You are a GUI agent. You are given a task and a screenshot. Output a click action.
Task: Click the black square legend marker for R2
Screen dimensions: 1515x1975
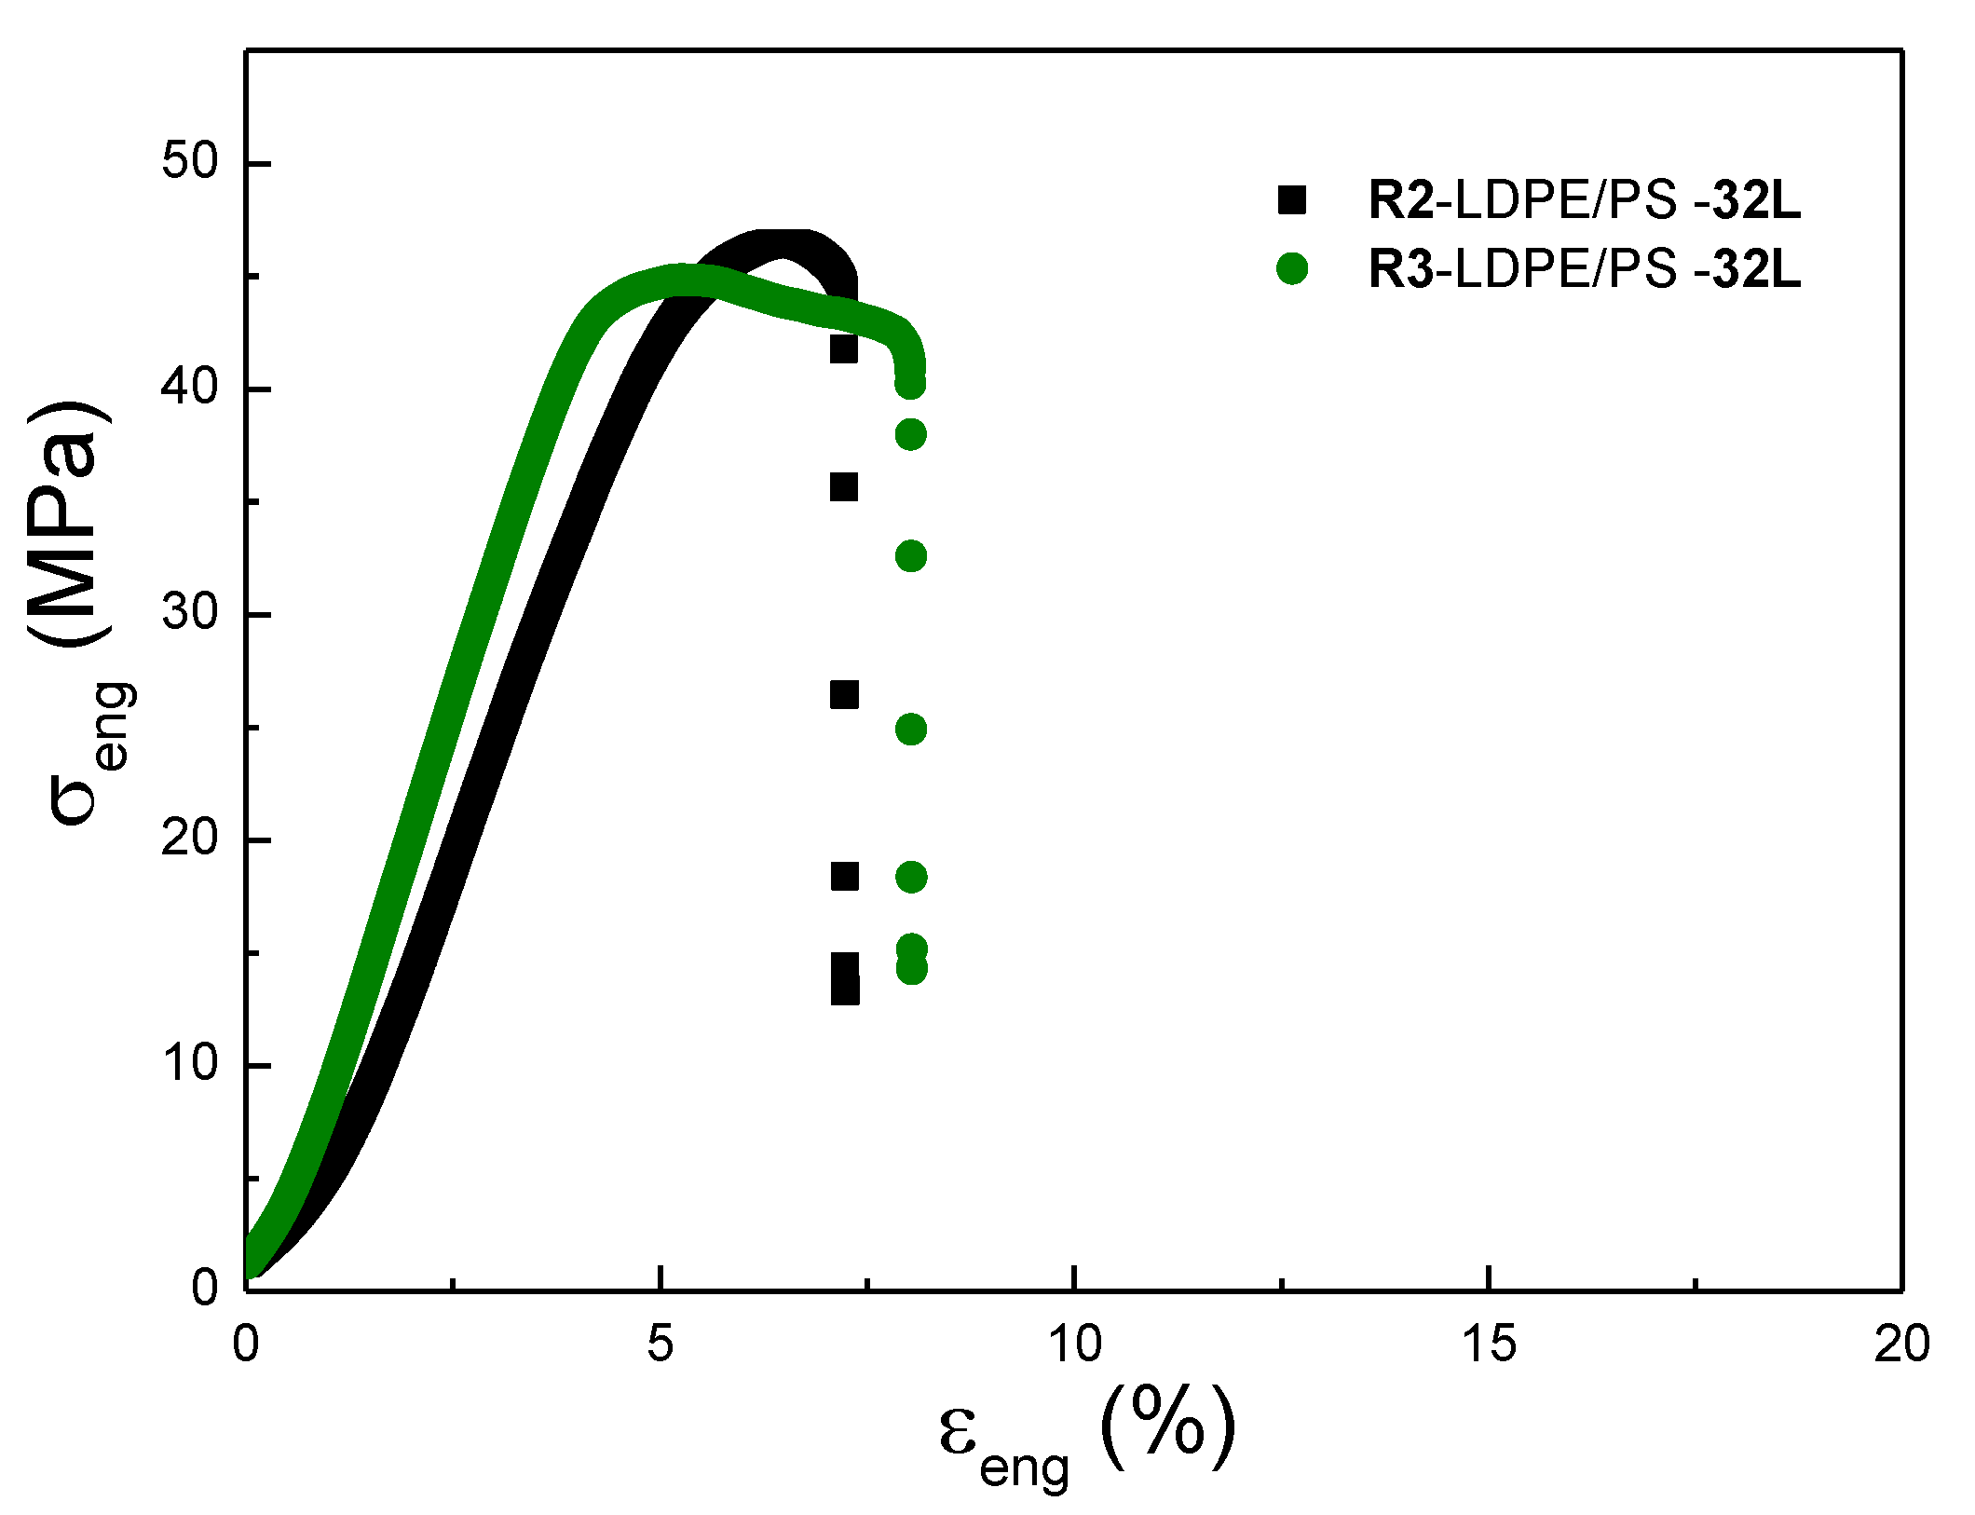tap(1291, 200)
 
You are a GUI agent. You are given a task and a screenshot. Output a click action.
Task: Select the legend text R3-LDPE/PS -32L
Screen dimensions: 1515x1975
tap(1583, 269)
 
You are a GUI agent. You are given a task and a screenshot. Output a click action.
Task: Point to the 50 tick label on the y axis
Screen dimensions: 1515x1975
tap(189, 162)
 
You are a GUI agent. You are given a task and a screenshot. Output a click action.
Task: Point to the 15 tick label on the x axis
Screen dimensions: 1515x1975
tap(1488, 1344)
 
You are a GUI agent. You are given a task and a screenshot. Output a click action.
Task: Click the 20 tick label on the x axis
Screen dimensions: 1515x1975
tap(1901, 1344)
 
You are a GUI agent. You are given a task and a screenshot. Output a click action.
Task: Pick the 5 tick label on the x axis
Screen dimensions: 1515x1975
tap(660, 1344)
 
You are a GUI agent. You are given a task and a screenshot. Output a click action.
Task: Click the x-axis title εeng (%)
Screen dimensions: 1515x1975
tap(1085, 1436)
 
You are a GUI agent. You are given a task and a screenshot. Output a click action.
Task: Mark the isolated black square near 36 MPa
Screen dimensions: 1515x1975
tap(844, 487)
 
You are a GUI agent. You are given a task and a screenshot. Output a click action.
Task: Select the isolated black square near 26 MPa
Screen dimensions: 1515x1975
tap(844, 695)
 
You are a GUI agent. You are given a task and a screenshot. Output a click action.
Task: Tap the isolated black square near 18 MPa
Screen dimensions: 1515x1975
tap(844, 876)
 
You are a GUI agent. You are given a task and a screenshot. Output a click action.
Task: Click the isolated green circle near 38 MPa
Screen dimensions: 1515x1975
tap(910, 434)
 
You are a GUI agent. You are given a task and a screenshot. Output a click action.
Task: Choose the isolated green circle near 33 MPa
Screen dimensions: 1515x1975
tap(910, 556)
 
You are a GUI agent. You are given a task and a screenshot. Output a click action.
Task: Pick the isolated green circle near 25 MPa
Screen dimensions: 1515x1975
tap(910, 730)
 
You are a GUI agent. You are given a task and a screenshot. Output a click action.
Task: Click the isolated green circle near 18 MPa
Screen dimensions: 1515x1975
tap(910, 877)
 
